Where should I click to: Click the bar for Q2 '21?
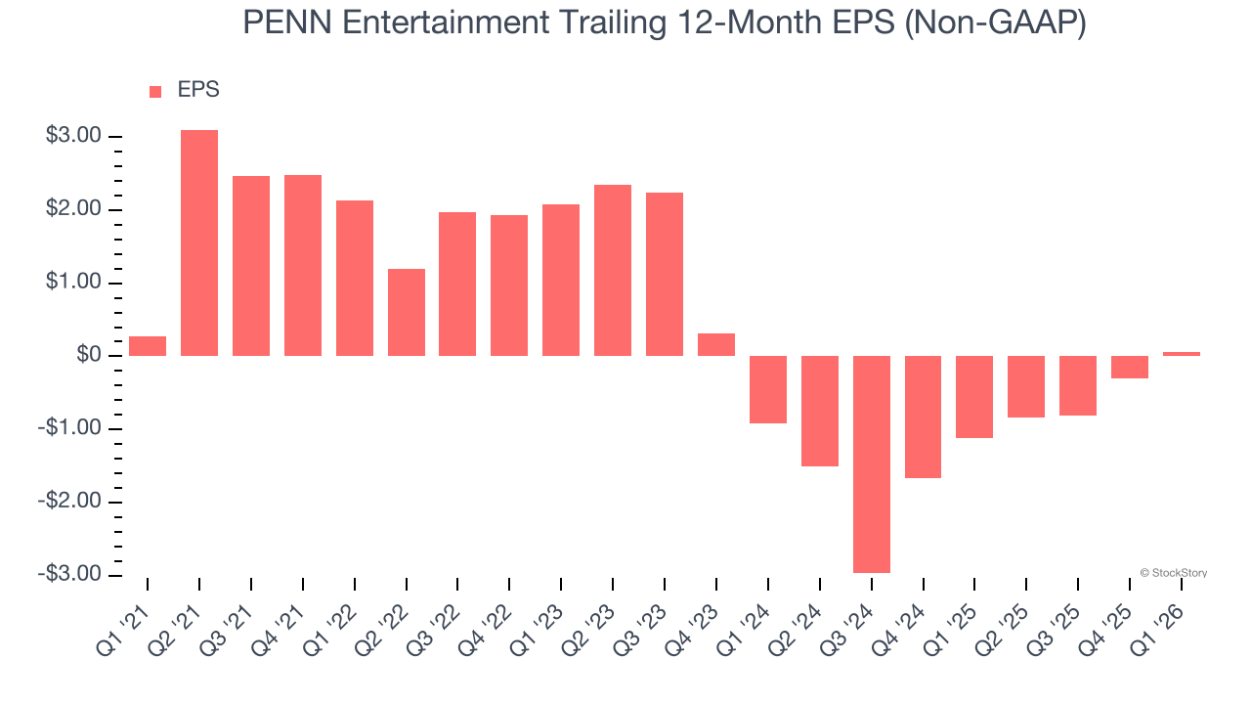(x=199, y=242)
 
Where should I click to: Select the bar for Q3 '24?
(x=872, y=463)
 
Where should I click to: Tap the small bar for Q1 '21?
(x=148, y=346)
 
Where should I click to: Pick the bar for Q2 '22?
(x=407, y=312)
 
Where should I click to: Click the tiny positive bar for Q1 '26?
(x=1182, y=353)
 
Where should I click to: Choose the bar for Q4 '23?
(x=716, y=344)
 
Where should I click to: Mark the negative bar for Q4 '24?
(x=924, y=417)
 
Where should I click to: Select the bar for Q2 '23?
(x=613, y=270)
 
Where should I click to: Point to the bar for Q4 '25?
(x=1130, y=367)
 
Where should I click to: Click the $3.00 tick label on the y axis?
(x=73, y=136)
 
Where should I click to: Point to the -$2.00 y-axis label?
(x=70, y=502)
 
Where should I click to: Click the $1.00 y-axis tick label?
(x=73, y=283)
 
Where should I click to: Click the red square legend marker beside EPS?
(x=155, y=91)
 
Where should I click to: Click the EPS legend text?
(x=198, y=90)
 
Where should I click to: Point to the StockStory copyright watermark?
(x=1173, y=573)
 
